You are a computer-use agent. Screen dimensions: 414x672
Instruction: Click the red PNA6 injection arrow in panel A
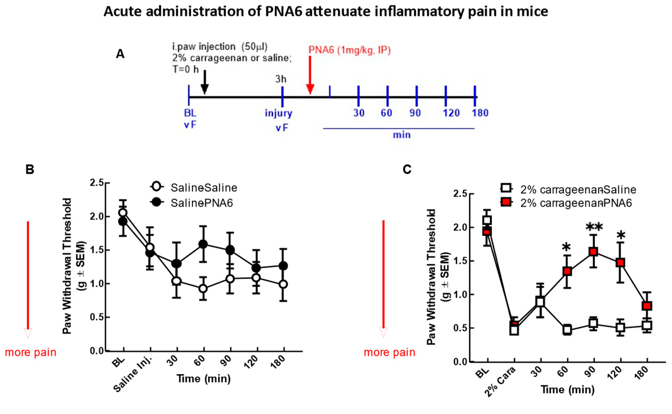click(x=310, y=75)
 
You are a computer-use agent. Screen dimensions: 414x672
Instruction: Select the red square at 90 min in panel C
click(x=593, y=252)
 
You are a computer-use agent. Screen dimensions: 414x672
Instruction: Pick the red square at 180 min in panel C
click(x=647, y=306)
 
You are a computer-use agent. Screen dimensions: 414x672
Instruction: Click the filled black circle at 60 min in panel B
click(x=203, y=244)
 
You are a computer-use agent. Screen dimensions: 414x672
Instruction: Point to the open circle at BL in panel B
click(x=123, y=213)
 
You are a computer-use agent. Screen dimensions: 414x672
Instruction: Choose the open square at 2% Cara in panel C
click(x=514, y=330)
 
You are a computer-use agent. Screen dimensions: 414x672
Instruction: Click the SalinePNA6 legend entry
click(x=201, y=203)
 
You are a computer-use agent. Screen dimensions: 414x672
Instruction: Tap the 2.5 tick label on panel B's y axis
click(x=97, y=183)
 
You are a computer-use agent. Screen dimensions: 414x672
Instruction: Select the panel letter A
click(x=120, y=54)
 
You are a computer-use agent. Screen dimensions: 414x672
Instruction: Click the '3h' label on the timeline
click(x=281, y=79)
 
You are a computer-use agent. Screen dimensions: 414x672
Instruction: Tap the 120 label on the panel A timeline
click(x=451, y=113)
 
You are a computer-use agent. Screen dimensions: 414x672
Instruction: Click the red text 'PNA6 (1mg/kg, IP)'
click(x=349, y=50)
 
